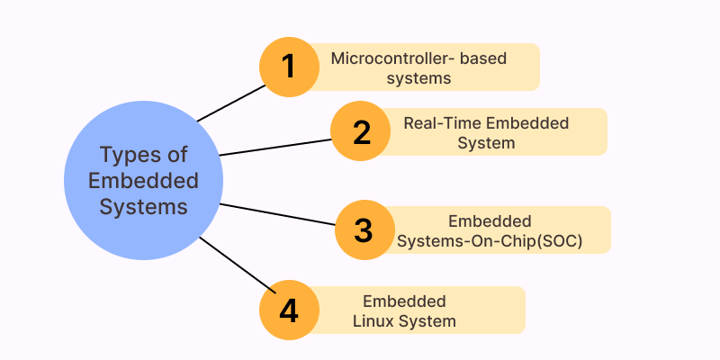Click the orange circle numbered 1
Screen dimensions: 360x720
click(x=289, y=67)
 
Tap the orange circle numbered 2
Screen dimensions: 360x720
click(x=361, y=131)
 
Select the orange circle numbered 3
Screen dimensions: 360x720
click(x=364, y=229)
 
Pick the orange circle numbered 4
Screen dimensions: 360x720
click(x=288, y=310)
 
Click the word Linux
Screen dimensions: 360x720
click(x=386, y=320)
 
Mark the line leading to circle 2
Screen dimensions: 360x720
click(x=274, y=147)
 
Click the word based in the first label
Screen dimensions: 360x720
click(x=484, y=59)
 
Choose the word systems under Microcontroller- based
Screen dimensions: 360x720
click(x=418, y=78)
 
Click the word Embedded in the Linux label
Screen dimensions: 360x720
click(x=404, y=301)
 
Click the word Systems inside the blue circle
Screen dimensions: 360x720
click(x=144, y=206)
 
